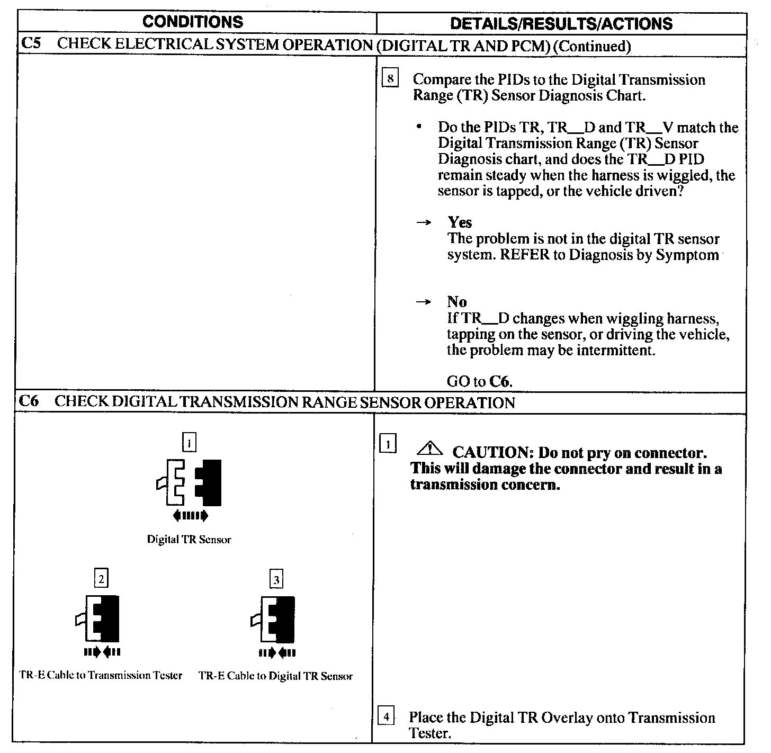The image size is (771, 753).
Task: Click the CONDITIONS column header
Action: pyautogui.click(x=193, y=22)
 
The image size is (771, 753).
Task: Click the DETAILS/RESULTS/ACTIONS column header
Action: pyautogui.click(x=561, y=23)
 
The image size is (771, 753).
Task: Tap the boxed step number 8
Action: pyautogui.click(x=390, y=79)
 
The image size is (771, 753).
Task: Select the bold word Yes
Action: pyautogui.click(x=459, y=222)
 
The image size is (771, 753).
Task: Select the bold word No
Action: pyautogui.click(x=456, y=302)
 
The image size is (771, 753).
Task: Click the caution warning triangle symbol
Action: pyautogui.click(x=429, y=450)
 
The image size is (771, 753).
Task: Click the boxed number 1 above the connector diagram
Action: pyautogui.click(x=189, y=442)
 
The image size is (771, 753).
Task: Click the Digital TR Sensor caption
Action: pyautogui.click(x=189, y=540)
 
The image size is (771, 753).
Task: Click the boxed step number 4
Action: pyautogui.click(x=387, y=717)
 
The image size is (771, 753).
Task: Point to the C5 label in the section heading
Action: pyautogui.click(x=30, y=43)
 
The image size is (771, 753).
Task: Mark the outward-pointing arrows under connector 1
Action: pyautogui.click(x=190, y=515)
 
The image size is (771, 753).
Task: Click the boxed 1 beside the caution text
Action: pyautogui.click(x=388, y=445)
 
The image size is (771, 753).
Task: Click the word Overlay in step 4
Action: pyautogui.click(x=567, y=718)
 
